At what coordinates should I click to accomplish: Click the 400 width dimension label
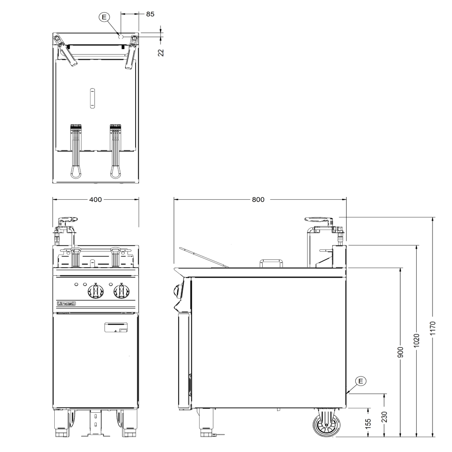95,199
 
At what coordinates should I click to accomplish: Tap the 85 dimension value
150,14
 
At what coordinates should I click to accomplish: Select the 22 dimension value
160,52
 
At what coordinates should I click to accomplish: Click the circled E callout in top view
105,17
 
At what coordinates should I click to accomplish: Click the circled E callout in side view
360,381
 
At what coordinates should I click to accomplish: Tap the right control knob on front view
121,291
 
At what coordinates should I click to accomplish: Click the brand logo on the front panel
66,304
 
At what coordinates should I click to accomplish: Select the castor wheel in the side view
326,425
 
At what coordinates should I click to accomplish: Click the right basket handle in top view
116,151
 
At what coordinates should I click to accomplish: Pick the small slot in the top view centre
92,97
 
